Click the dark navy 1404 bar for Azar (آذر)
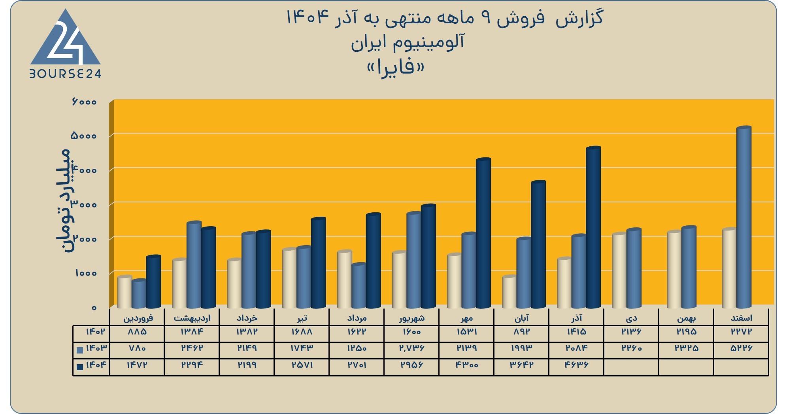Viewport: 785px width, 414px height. (x=593, y=227)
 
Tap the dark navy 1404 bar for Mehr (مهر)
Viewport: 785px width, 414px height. (x=483, y=233)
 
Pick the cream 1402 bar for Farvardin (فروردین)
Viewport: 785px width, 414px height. (x=125, y=292)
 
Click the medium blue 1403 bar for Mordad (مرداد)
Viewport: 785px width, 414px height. (x=359, y=285)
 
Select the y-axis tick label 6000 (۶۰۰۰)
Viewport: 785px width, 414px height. (x=84, y=102)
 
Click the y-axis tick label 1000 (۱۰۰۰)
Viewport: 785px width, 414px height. (x=86, y=273)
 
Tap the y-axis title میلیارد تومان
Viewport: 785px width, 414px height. (x=63, y=201)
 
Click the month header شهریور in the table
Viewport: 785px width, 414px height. (x=411, y=318)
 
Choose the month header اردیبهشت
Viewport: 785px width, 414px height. (x=192, y=318)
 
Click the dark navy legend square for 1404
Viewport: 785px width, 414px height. (x=80, y=367)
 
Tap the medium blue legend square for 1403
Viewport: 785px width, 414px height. (x=80, y=350)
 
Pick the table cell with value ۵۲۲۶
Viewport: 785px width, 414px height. (x=741, y=348)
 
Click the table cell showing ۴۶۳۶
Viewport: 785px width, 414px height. (x=576, y=365)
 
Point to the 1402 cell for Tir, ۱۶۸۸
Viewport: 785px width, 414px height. (x=302, y=332)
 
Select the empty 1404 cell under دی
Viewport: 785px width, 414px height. (x=631, y=367)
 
